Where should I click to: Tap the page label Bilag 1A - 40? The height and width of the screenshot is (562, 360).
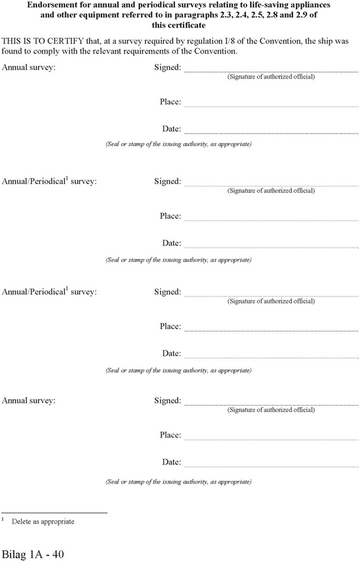click(33, 554)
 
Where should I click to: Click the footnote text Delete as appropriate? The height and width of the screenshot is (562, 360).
click(43, 522)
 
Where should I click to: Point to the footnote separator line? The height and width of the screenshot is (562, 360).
click(55, 513)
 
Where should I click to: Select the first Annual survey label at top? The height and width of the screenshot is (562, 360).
click(28, 68)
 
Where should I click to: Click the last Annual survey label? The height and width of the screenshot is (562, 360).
click(28, 401)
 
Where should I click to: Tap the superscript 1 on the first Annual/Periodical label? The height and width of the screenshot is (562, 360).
click(67, 178)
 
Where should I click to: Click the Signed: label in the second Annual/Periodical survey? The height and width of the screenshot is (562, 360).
click(167, 292)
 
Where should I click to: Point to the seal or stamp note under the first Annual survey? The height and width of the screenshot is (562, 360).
click(178, 144)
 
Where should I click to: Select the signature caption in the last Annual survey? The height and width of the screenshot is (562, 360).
click(271, 409)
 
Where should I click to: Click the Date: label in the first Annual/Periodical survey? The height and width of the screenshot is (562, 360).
click(171, 243)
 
